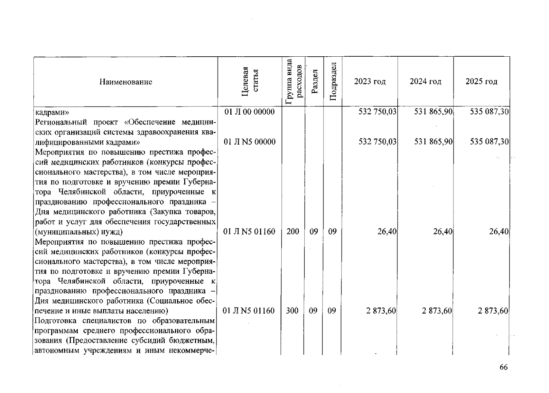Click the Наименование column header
coord(126,82)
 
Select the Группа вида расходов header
coord(293,82)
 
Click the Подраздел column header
coord(333,82)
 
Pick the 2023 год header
coord(370,82)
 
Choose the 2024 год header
coord(425,82)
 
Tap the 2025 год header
coord(481,82)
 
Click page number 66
coord(504,367)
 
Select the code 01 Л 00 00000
coord(249,112)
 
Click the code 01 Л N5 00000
coord(249,142)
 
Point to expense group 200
coord(292,232)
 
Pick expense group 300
coord(292,311)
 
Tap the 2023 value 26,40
coord(387,232)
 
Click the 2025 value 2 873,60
coord(493,311)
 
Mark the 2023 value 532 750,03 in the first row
coord(378,112)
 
